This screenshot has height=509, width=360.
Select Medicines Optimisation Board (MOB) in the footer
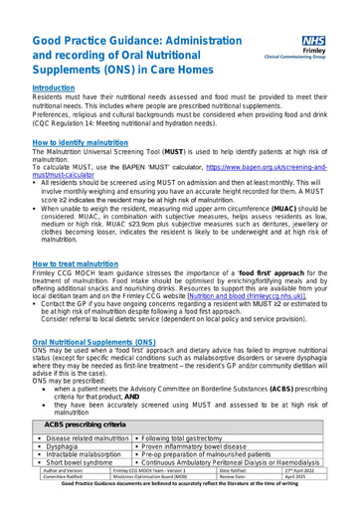[159, 477]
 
